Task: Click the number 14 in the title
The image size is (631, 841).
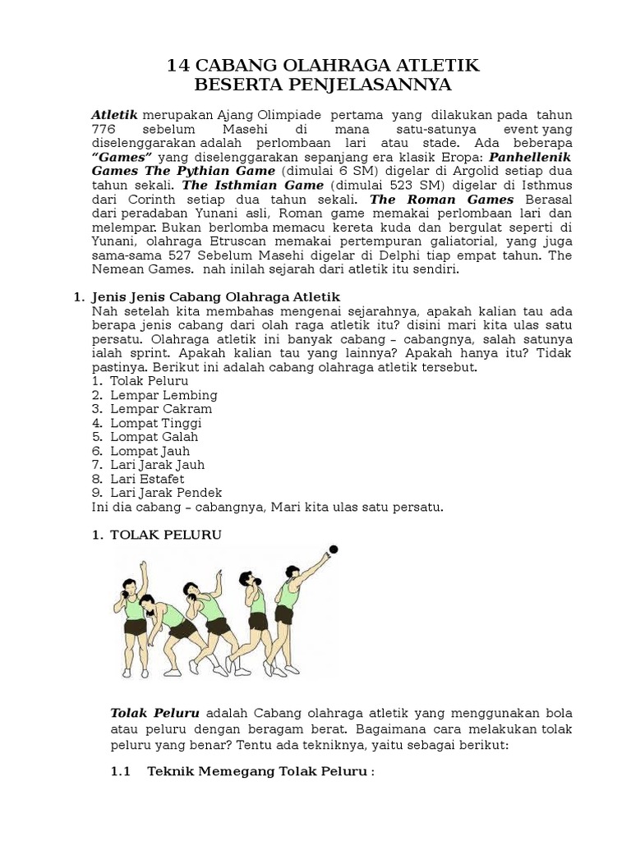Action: tap(178, 66)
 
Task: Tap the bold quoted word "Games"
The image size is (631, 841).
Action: tap(122, 158)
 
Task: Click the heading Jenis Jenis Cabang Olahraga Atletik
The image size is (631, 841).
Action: tap(215, 296)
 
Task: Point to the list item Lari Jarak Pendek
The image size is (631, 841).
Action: tap(166, 493)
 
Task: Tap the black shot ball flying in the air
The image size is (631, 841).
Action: tap(333, 549)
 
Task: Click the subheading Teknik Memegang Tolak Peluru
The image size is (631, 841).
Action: tap(260, 774)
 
